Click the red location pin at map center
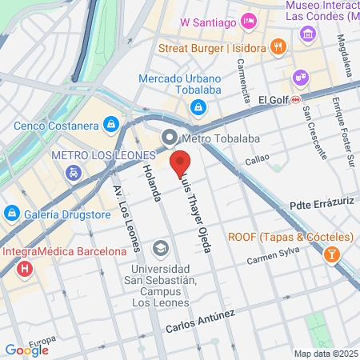pos(180,162)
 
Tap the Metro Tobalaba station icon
pos(169,138)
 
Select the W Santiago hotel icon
pos(250,20)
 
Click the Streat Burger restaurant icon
pos(278,46)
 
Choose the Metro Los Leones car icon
pos(73,172)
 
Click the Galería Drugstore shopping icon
pos(12,213)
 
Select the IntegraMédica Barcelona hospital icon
pos(25,269)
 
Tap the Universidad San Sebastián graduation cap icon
pos(161,249)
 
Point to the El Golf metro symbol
pos(296,99)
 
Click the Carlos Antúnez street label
pos(200,322)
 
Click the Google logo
pos(27,350)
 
